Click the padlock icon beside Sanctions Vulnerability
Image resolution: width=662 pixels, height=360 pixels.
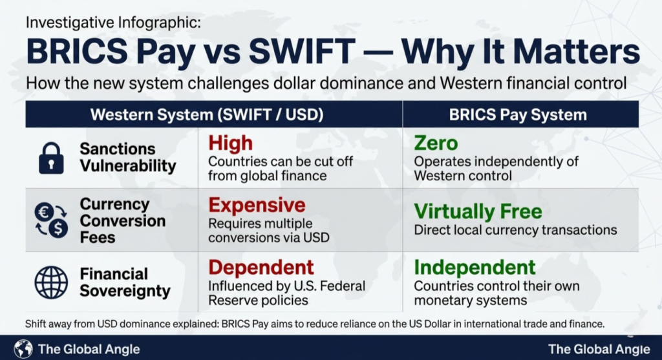(x=51, y=158)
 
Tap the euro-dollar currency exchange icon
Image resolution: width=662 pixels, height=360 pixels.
(x=51, y=220)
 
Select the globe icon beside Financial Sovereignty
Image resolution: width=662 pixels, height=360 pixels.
(x=51, y=282)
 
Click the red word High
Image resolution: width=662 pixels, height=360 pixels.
(x=230, y=143)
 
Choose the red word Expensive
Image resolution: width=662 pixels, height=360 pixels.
(x=257, y=205)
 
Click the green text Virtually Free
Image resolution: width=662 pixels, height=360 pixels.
(x=478, y=211)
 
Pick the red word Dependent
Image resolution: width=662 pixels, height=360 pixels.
(x=261, y=267)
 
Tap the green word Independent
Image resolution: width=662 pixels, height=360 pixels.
(x=475, y=267)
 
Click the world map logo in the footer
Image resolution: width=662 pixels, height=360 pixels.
(x=23, y=349)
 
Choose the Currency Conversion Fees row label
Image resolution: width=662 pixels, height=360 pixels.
(x=123, y=220)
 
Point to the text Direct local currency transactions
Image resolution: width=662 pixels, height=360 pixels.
(x=515, y=230)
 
